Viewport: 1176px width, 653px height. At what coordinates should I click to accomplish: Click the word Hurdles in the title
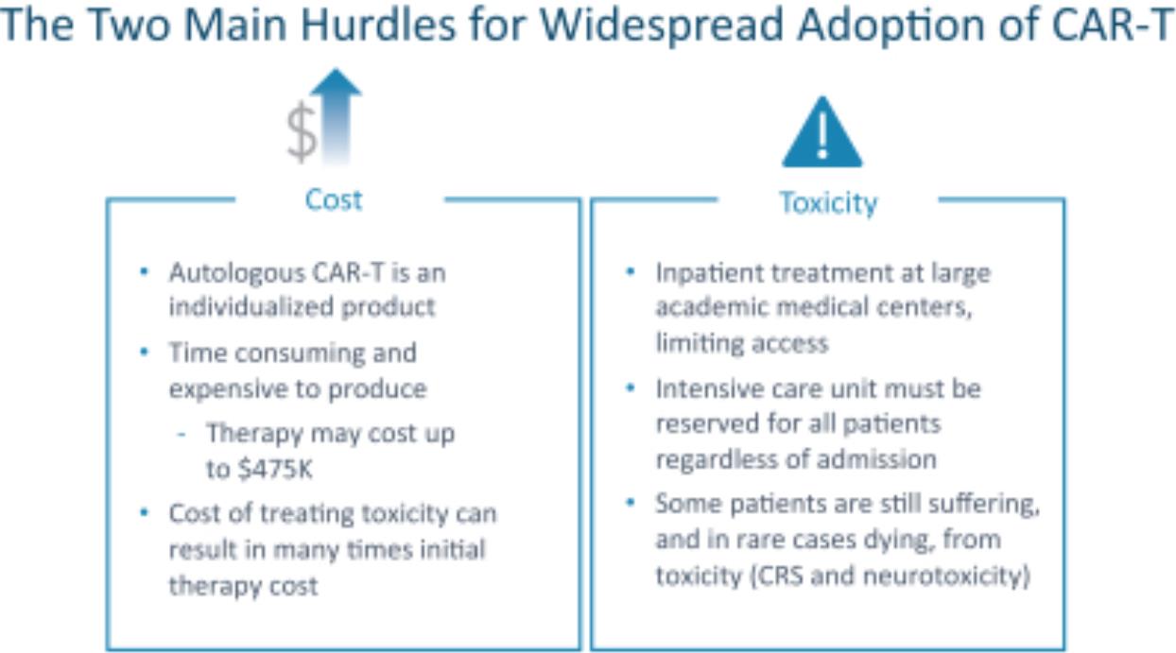(378, 25)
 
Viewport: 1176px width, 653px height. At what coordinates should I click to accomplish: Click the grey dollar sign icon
(302, 131)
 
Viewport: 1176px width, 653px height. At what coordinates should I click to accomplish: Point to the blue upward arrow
(337, 116)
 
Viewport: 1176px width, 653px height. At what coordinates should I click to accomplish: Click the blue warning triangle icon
(822, 132)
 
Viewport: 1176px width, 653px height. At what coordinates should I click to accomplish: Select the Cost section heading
(334, 200)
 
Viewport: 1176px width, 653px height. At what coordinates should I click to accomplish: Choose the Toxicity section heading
(828, 203)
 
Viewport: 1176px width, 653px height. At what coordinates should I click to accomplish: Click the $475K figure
(274, 469)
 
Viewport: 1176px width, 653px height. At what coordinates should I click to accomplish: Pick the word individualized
(251, 306)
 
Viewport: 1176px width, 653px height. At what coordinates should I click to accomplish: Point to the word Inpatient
(709, 273)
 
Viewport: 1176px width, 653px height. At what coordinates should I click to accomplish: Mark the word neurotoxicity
(946, 576)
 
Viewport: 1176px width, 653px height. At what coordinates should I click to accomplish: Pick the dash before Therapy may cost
(182, 435)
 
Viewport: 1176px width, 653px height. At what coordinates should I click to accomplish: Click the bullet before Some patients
(631, 503)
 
